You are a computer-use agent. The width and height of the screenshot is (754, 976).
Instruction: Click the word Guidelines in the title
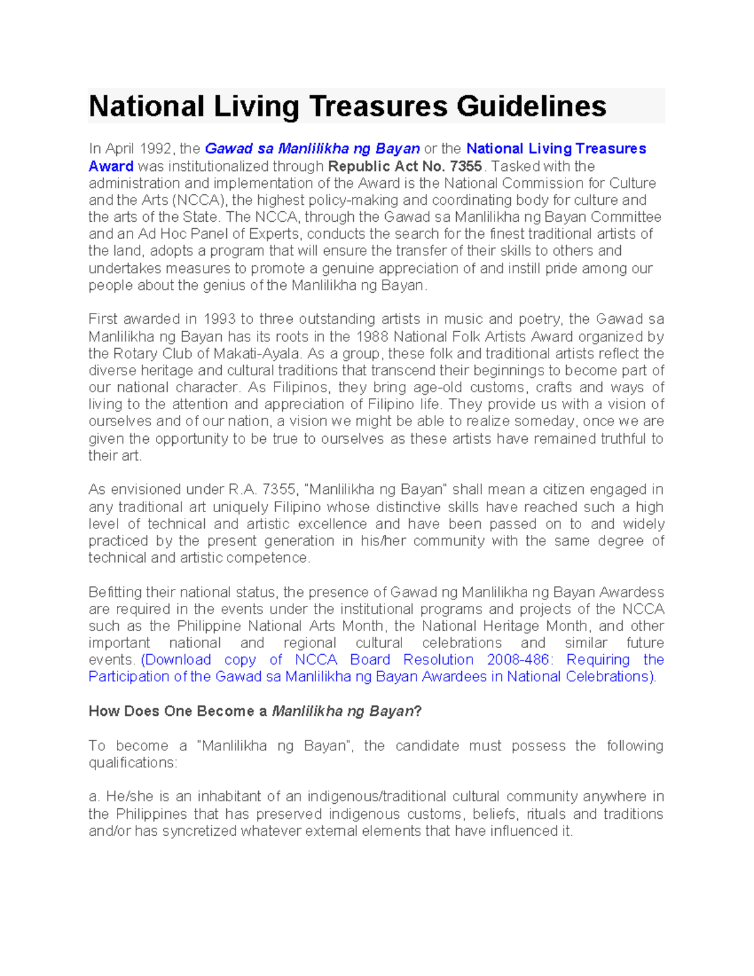coord(531,106)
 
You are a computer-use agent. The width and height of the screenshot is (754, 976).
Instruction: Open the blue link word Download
coord(178,660)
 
